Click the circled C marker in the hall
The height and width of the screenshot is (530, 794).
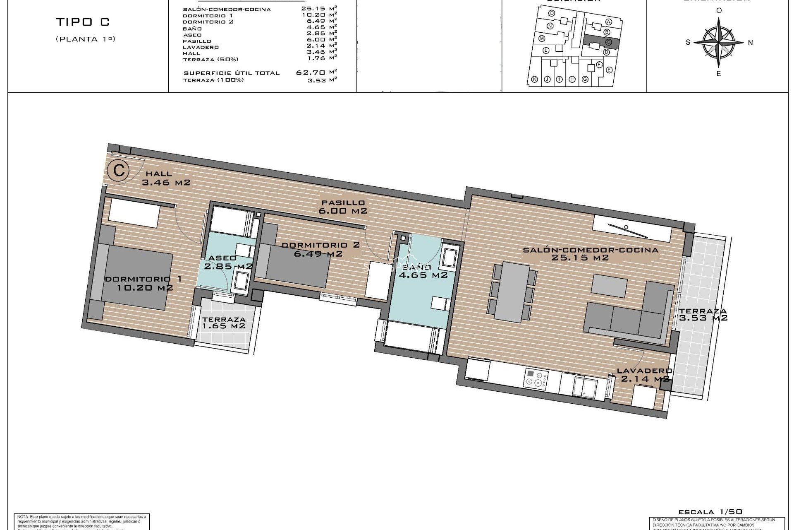point(119,170)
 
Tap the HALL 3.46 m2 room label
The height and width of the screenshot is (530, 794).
point(165,178)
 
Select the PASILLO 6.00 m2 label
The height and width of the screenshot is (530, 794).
point(343,207)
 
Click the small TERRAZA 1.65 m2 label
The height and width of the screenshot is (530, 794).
point(224,323)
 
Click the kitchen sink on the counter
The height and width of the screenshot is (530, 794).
point(584,386)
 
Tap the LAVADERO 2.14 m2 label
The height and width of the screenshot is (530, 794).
point(644,375)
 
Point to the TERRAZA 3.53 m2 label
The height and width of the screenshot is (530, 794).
point(703,315)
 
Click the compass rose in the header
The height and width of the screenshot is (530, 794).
point(719,42)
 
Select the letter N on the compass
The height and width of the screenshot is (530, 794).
point(751,43)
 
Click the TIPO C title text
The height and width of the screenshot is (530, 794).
point(83,22)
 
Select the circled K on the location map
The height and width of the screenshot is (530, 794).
point(534,79)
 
